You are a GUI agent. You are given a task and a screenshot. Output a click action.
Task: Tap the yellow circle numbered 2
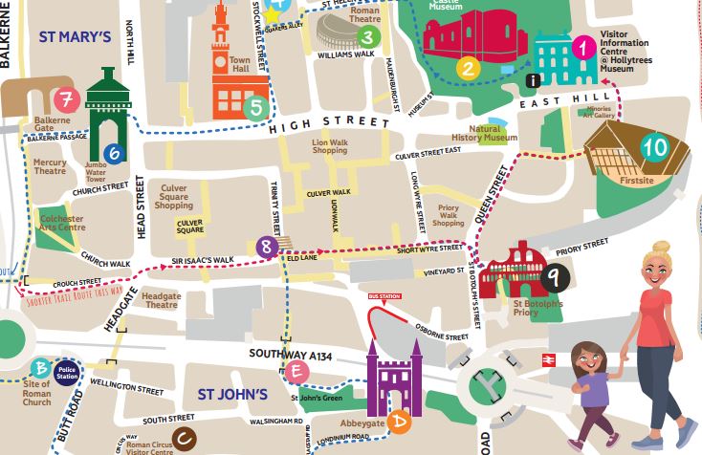pyautogui.click(x=467, y=68)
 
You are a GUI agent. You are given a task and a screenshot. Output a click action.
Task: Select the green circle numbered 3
pyautogui.click(x=366, y=37)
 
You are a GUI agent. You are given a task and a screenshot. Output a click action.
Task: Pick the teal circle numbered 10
pyautogui.click(x=654, y=147)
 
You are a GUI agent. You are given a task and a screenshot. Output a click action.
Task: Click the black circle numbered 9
pyautogui.click(x=552, y=277)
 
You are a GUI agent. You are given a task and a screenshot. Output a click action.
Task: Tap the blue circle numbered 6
pyautogui.click(x=114, y=152)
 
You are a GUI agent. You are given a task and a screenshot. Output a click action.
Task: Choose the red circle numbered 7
pyautogui.click(x=66, y=99)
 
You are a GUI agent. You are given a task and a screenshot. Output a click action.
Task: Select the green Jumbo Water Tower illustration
pyautogui.click(x=106, y=110)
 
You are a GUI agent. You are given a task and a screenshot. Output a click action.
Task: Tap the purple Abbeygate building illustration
pyautogui.click(x=393, y=380)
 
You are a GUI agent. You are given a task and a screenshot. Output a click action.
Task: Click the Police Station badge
pyautogui.click(x=67, y=371)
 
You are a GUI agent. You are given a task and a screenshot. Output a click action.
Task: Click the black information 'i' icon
pyautogui.click(x=533, y=80)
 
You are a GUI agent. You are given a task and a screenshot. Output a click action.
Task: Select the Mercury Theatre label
pyautogui.click(x=51, y=167)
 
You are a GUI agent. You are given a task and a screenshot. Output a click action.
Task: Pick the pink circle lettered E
pyautogui.click(x=297, y=371)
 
